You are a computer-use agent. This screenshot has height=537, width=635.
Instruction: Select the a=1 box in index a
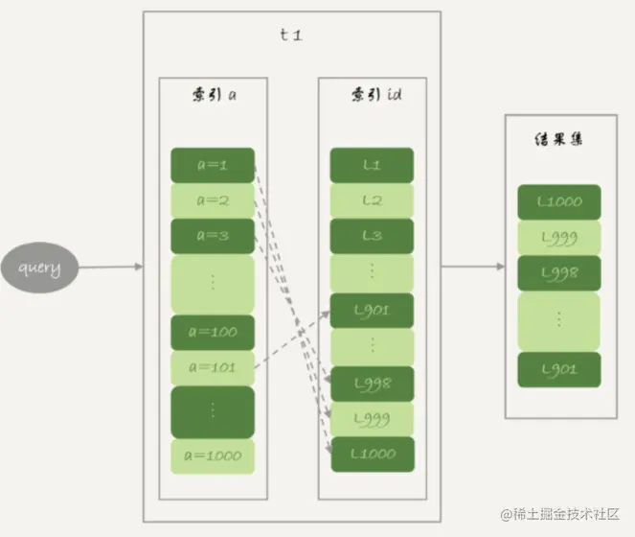pyautogui.click(x=213, y=165)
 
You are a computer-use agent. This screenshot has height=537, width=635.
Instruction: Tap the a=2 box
pyautogui.click(x=213, y=200)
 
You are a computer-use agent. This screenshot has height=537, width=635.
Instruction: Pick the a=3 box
pyautogui.click(x=213, y=236)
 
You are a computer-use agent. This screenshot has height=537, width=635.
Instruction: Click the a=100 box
pyautogui.click(x=213, y=332)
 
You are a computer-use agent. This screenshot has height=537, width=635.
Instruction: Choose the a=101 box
pyautogui.click(x=213, y=367)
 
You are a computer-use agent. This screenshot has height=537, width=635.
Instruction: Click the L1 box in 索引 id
pyautogui.click(x=373, y=165)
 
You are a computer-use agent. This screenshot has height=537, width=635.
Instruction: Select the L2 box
pyautogui.click(x=373, y=200)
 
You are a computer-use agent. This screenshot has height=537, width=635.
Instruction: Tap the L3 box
pyautogui.click(x=373, y=236)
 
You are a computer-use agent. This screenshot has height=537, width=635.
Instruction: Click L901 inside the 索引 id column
pyautogui.click(x=373, y=311)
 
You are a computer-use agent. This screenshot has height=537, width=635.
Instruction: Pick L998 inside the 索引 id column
pyautogui.click(x=373, y=383)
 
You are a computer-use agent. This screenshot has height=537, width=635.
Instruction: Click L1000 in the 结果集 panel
pyautogui.click(x=558, y=202)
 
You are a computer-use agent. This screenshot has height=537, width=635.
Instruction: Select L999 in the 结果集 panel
pyautogui.click(x=558, y=238)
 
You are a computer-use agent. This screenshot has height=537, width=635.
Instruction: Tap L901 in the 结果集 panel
pyautogui.click(x=558, y=369)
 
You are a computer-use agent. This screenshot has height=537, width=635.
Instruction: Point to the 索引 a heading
pyautogui.click(x=213, y=97)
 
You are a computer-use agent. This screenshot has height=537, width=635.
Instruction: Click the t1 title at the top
pyautogui.click(x=291, y=35)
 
